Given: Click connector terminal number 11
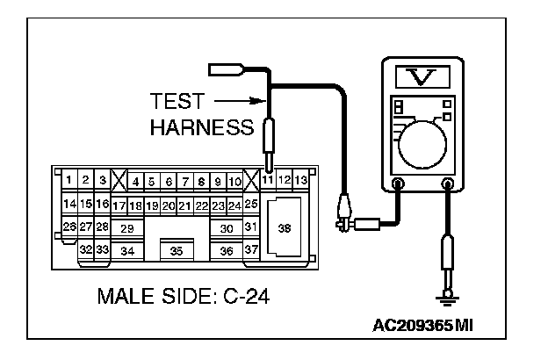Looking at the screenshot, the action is (268, 180).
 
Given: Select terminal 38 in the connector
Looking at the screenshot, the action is (285, 227).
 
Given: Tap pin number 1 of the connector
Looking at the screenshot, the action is (68, 180).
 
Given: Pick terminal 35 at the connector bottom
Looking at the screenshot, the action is (177, 250).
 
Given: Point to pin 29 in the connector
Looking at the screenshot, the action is (127, 228).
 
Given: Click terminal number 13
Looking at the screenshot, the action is (300, 180).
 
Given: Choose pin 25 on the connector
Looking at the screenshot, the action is (251, 204).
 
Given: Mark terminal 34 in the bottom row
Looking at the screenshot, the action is (127, 250).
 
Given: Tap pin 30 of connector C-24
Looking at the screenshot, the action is (227, 228).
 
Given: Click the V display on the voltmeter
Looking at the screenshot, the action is (422, 77).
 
